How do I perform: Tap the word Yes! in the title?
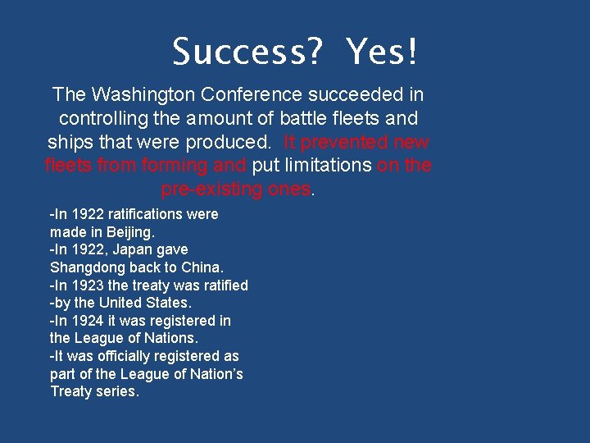coord(382,53)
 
